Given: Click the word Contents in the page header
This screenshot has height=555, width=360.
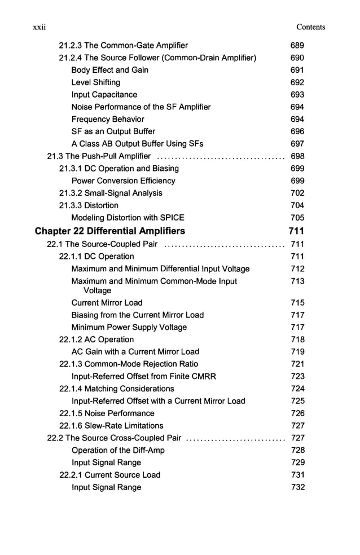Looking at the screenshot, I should click(311, 27).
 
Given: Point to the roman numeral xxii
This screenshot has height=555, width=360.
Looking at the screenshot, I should click(39, 27).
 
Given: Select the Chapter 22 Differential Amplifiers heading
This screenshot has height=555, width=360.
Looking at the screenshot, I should click(109, 231).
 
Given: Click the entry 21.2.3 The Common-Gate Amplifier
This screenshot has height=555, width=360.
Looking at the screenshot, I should click(124, 45).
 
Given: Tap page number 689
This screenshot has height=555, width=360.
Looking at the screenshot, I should click(297, 45).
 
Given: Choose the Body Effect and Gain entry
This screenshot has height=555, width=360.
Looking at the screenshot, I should click(110, 70).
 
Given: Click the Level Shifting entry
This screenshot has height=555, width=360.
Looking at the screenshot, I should click(96, 82).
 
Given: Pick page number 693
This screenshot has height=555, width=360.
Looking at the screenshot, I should click(297, 95).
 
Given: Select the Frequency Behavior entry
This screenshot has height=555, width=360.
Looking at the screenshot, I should click(108, 119).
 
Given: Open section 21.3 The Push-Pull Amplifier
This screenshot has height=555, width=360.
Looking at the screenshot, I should click(99, 156).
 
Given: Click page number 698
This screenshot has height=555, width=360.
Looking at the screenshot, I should click(297, 156).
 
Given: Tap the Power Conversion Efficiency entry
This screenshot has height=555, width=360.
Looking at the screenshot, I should click(123, 181).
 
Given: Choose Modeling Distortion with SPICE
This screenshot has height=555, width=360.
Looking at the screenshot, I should click(128, 218).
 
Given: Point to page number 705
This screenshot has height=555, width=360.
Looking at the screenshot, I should click(297, 218).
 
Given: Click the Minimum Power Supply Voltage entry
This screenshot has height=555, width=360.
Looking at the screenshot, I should click(129, 327).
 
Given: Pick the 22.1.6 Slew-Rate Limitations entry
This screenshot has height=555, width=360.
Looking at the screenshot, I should click(111, 426).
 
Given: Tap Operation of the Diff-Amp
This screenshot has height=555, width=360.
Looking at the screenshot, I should click(118, 450).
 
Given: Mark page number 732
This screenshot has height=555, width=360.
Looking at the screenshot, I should click(297, 487).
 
